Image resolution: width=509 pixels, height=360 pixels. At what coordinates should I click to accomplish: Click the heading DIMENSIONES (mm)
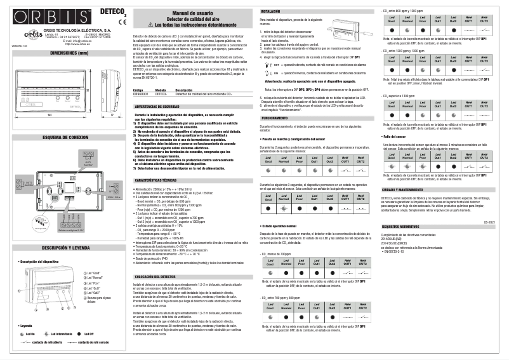coord(64,54)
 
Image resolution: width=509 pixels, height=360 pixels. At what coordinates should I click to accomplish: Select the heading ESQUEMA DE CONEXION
coord(64,137)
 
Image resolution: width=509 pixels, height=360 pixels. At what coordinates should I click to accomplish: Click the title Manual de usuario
coord(192,12)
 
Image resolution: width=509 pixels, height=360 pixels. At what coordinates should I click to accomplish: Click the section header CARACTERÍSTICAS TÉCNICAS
coord(157,181)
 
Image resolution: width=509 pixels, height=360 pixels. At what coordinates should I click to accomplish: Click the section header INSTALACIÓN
coord(271,11)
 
